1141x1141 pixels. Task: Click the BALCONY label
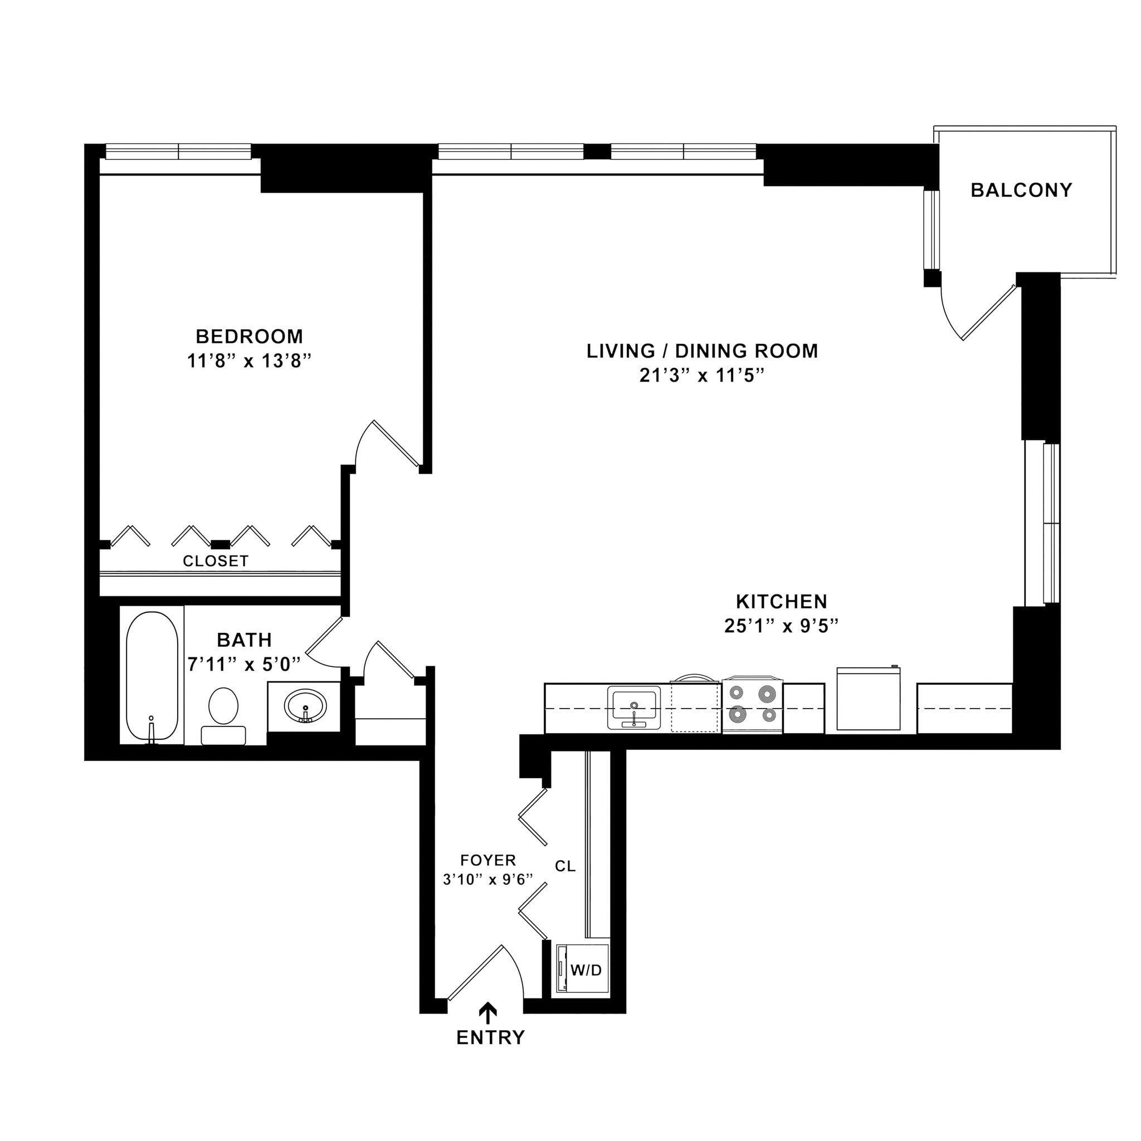pyautogui.click(x=1021, y=190)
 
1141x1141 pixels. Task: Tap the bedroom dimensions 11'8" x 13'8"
pyautogui.click(x=249, y=361)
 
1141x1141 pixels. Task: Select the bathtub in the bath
pyautogui.click(x=152, y=676)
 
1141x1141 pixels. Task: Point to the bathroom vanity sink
pyautogui.click(x=305, y=706)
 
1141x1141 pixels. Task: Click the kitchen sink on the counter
pyautogui.click(x=634, y=708)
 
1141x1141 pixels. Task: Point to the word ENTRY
pyautogui.click(x=490, y=1037)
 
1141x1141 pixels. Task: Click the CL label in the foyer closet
pyautogui.click(x=565, y=866)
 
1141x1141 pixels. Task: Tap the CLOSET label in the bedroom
pyautogui.click(x=216, y=561)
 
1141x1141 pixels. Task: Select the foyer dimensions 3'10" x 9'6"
pyautogui.click(x=488, y=879)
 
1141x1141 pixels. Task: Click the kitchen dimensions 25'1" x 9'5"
pyautogui.click(x=781, y=626)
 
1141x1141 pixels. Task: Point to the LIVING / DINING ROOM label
pyautogui.click(x=702, y=351)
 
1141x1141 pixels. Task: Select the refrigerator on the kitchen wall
pyautogui.click(x=868, y=699)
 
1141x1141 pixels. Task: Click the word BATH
pyautogui.click(x=245, y=640)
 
